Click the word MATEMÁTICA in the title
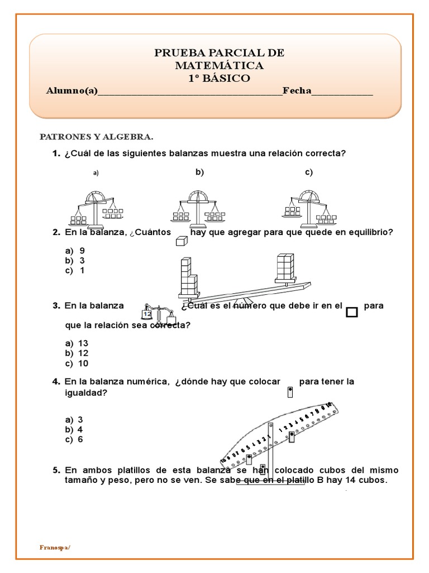pos(219,65)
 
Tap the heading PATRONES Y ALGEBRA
pos(96,137)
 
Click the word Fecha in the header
pos(297,91)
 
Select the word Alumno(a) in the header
pos(71,91)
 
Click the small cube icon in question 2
pos(180,241)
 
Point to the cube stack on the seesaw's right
pos(284,267)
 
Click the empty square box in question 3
pos(351,312)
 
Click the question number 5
pos(56,470)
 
